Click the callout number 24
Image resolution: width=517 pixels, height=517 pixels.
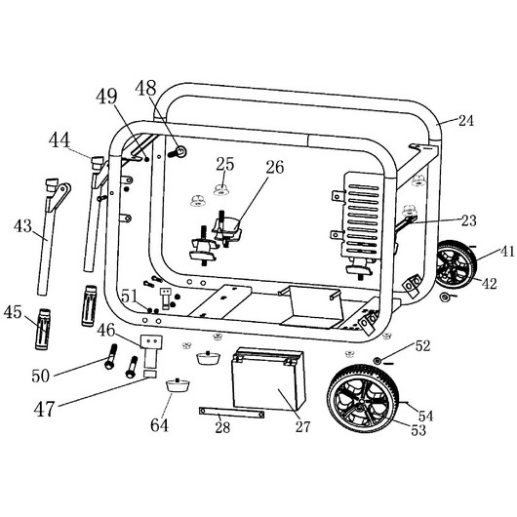click(x=466, y=121)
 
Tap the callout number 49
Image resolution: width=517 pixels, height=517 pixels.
click(x=106, y=97)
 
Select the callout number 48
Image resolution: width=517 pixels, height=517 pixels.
click(x=145, y=88)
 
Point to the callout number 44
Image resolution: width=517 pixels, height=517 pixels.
click(x=60, y=139)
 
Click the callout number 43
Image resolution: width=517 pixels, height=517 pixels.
click(x=22, y=226)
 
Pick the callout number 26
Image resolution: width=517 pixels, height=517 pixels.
click(x=275, y=167)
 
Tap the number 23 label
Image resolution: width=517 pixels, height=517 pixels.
click(x=468, y=220)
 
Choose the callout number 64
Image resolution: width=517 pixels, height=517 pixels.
click(x=159, y=425)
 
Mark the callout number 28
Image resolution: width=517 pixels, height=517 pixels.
click(x=222, y=427)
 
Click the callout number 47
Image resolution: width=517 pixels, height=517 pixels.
click(x=44, y=409)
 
